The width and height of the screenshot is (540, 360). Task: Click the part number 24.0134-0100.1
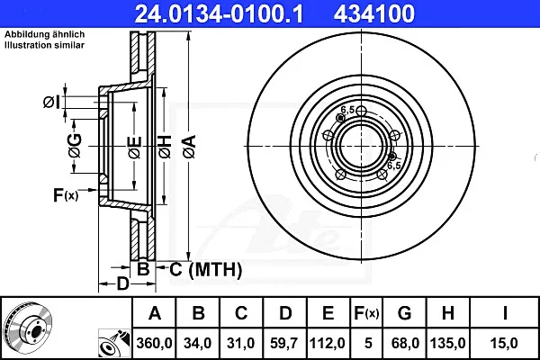pos(219,13)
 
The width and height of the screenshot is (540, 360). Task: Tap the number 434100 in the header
pos(374,13)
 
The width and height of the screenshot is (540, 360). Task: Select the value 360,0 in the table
pos(154,343)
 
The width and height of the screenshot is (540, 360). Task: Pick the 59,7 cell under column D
pos(284,343)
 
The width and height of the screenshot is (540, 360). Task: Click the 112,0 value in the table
pos(328,343)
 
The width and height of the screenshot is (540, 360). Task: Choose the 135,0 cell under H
pos(447,343)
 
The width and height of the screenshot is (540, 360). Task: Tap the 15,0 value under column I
pos(503,343)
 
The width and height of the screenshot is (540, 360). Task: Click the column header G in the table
pos(404,313)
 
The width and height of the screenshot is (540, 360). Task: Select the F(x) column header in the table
pos(366,313)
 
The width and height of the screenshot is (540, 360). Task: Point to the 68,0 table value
pos(405,343)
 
